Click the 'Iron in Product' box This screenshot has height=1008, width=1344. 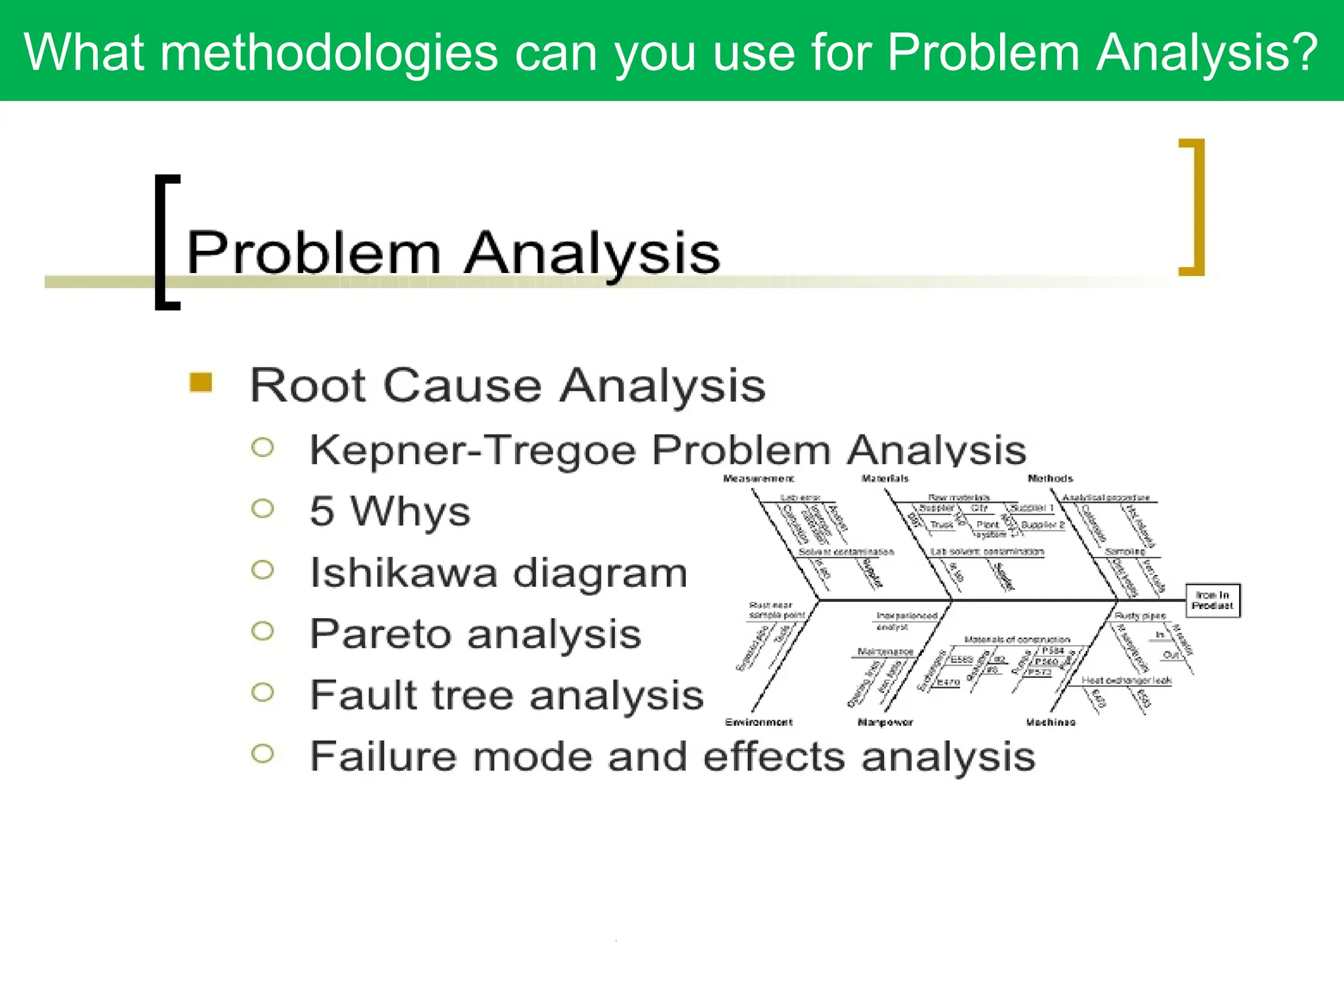tap(1212, 600)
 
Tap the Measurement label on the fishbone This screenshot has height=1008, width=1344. tap(758, 478)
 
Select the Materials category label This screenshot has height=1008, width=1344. tap(885, 478)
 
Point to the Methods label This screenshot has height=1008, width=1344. tap(1050, 478)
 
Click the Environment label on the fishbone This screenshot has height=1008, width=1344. tap(759, 722)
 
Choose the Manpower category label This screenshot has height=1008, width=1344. tap(885, 722)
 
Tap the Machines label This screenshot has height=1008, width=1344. tap(1051, 722)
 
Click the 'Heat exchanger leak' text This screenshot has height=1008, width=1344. tap(1126, 681)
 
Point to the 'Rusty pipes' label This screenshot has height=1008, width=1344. tap(1140, 616)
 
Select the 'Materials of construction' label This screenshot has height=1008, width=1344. tap(1017, 639)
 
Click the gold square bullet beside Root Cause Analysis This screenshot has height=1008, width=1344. tap(201, 383)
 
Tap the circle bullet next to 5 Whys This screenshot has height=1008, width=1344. tap(262, 509)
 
